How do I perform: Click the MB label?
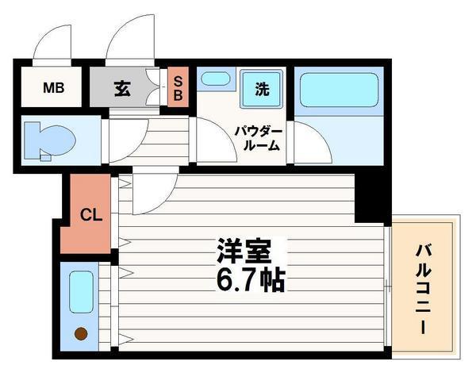(x=53, y=87)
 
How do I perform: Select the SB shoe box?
(x=178, y=87)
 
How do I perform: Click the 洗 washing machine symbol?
(x=262, y=90)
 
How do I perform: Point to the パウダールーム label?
(x=256, y=136)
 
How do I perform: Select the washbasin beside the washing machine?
(x=215, y=79)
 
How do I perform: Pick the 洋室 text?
(x=244, y=250)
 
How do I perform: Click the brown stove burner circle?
(x=80, y=334)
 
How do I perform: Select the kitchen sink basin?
(x=81, y=292)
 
